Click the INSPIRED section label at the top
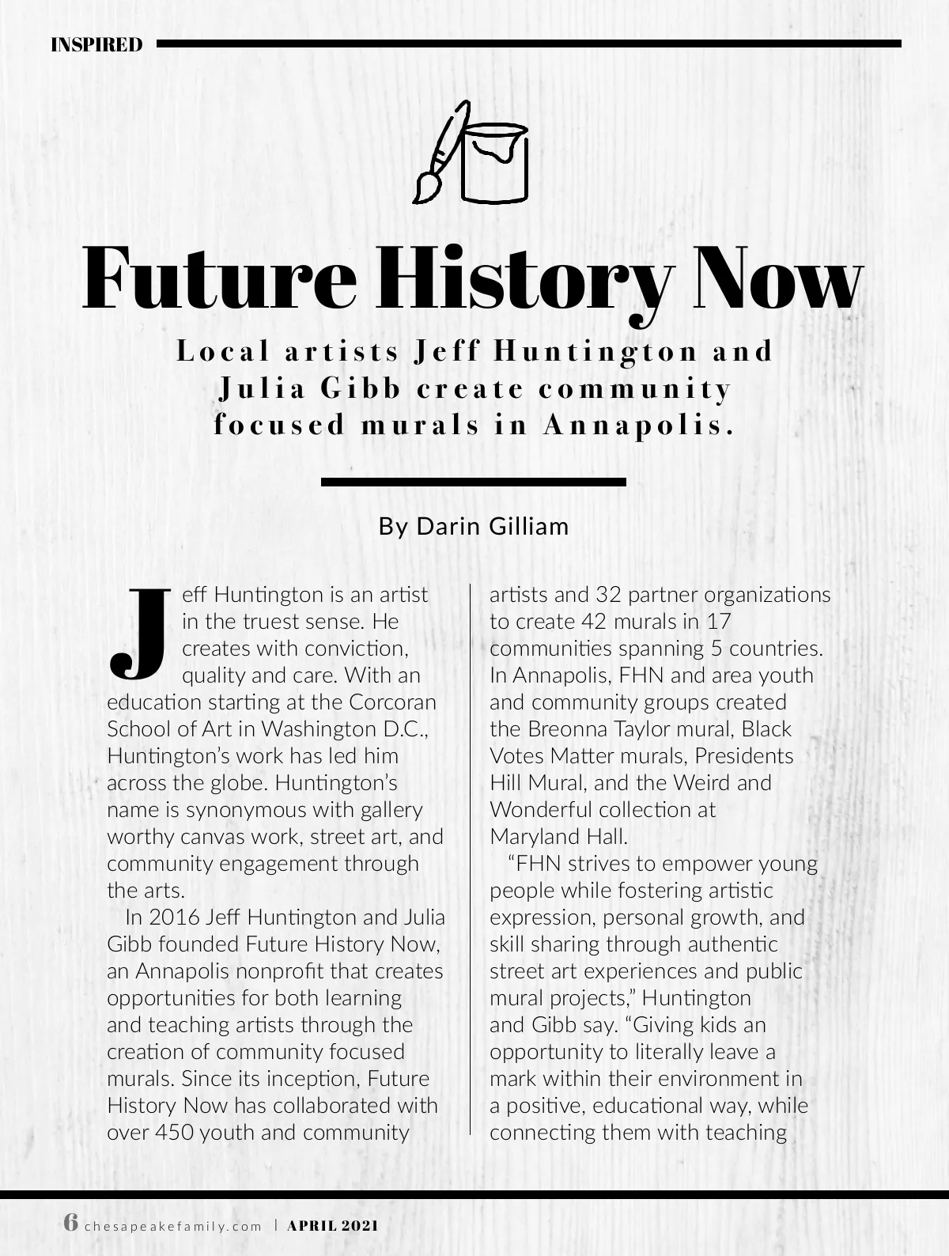click(x=96, y=44)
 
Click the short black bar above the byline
click(x=474, y=481)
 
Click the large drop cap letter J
click(x=139, y=633)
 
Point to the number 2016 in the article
click(x=173, y=917)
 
